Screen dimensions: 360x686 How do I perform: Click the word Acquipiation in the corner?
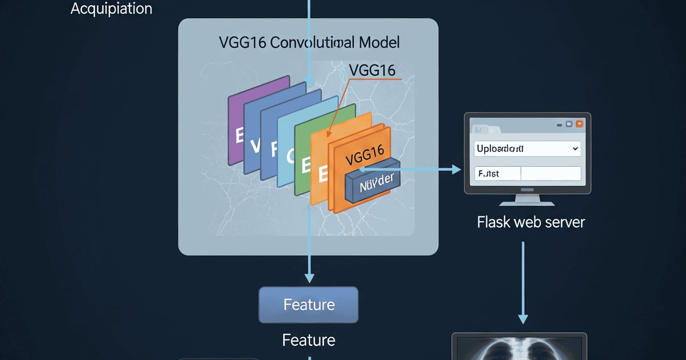click(x=111, y=9)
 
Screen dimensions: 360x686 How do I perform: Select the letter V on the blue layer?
click(x=256, y=145)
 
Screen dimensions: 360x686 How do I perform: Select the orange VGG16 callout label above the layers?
click(x=372, y=70)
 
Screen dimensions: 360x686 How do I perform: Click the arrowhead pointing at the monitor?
click(x=456, y=169)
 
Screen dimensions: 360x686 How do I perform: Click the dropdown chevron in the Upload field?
click(x=575, y=149)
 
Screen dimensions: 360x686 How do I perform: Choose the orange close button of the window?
click(x=580, y=123)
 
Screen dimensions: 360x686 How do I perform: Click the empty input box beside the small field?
click(x=551, y=174)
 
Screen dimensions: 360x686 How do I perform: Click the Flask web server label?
click(x=531, y=222)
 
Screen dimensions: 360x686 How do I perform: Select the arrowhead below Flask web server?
click(x=523, y=318)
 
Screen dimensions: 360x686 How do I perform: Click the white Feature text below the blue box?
click(x=309, y=341)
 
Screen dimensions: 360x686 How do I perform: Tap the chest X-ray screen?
click(x=519, y=349)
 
